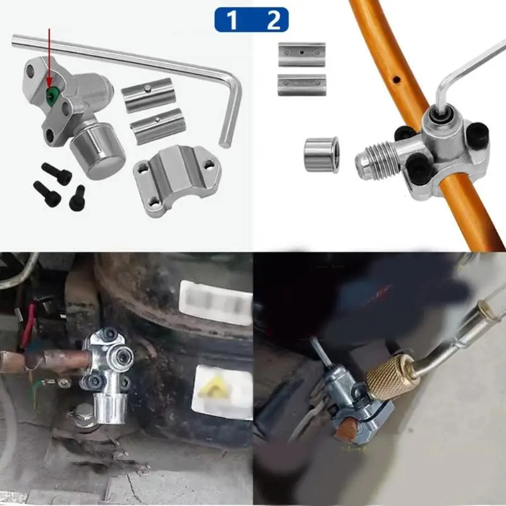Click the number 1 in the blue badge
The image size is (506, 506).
232,20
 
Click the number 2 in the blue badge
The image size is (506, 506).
273,20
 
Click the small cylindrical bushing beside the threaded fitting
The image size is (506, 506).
321,154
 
